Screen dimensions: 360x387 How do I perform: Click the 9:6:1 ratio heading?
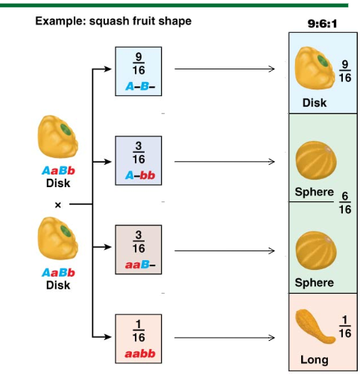(322, 24)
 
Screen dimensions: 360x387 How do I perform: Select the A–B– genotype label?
(140, 86)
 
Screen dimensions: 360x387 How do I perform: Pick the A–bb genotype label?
(140, 175)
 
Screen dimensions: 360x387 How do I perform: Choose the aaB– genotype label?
(140, 265)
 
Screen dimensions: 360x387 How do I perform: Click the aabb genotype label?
(140, 353)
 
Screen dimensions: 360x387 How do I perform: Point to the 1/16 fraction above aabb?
(139, 330)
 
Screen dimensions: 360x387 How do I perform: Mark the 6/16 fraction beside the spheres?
(345, 203)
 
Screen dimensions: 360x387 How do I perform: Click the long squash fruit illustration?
(315, 327)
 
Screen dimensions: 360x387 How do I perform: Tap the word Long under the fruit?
(315, 360)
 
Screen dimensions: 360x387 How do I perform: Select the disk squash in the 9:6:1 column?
(315, 68)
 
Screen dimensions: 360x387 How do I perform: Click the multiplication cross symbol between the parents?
(58, 205)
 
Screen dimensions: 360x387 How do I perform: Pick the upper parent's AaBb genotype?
(58, 171)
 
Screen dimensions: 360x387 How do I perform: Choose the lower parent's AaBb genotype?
(58, 273)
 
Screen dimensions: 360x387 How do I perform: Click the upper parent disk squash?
(58, 136)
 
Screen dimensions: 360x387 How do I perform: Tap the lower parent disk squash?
(58, 239)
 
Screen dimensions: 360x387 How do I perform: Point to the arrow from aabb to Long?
(224, 338)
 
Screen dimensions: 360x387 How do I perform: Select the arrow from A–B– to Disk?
(224, 69)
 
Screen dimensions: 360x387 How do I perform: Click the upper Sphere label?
(315, 192)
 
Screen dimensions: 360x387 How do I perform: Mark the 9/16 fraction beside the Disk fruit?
(345, 72)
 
